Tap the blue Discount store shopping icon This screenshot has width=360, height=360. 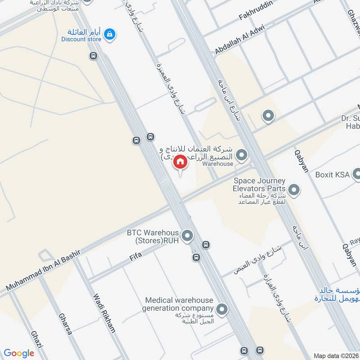click(x=109, y=33)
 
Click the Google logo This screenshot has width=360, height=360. click(x=19, y=353)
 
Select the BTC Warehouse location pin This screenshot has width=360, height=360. click(x=187, y=235)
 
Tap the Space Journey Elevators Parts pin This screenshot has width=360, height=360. click(x=294, y=190)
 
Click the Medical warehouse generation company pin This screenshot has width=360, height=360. click(x=221, y=309)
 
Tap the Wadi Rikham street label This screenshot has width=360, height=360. click(x=103, y=319)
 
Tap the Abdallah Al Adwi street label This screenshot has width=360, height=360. click(x=239, y=40)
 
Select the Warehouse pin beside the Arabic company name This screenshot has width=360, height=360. click(x=242, y=155)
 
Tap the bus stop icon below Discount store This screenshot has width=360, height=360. click(x=93, y=56)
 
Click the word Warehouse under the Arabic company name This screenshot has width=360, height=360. click(x=217, y=164)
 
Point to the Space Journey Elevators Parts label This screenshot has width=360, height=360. click(x=260, y=184)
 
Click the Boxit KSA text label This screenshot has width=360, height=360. click(x=332, y=175)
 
